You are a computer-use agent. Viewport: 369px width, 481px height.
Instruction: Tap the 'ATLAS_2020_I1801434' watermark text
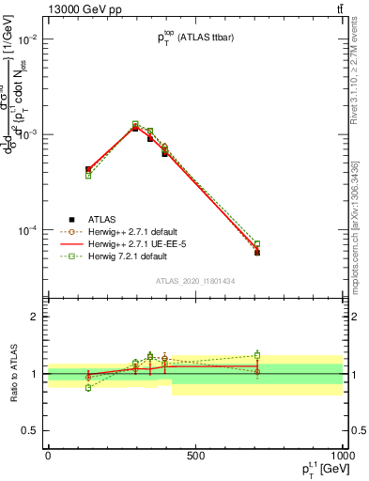pos(194,281)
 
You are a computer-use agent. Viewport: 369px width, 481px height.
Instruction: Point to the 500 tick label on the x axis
pos(195,456)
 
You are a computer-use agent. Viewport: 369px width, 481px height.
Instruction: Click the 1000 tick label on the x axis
pos(340,456)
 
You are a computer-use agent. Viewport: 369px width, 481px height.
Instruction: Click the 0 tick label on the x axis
pos(48,456)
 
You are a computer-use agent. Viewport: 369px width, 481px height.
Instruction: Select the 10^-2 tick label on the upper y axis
pos(26,39)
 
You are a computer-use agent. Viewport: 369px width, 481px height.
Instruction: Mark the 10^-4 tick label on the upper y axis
pos(26,230)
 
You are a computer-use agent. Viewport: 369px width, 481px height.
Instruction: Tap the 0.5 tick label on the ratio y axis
pos(30,430)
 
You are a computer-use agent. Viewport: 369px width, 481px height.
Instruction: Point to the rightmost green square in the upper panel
pos(257,244)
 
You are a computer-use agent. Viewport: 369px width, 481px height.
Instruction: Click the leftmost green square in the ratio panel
pos(88,387)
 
